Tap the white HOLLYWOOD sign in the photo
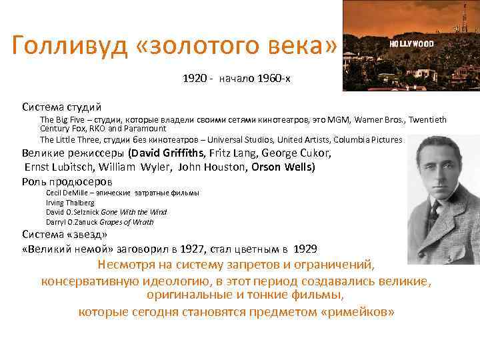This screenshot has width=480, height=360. pos(411,44)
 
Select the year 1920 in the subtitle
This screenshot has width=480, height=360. pos(194,79)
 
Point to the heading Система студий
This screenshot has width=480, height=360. pos(61,107)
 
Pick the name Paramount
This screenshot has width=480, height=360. pos(146,128)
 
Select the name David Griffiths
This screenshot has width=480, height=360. pos(167,153)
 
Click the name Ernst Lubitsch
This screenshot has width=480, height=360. pos(60,167)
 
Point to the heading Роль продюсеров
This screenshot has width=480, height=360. pos(67,181)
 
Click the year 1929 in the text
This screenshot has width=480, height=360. pos(305,249)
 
